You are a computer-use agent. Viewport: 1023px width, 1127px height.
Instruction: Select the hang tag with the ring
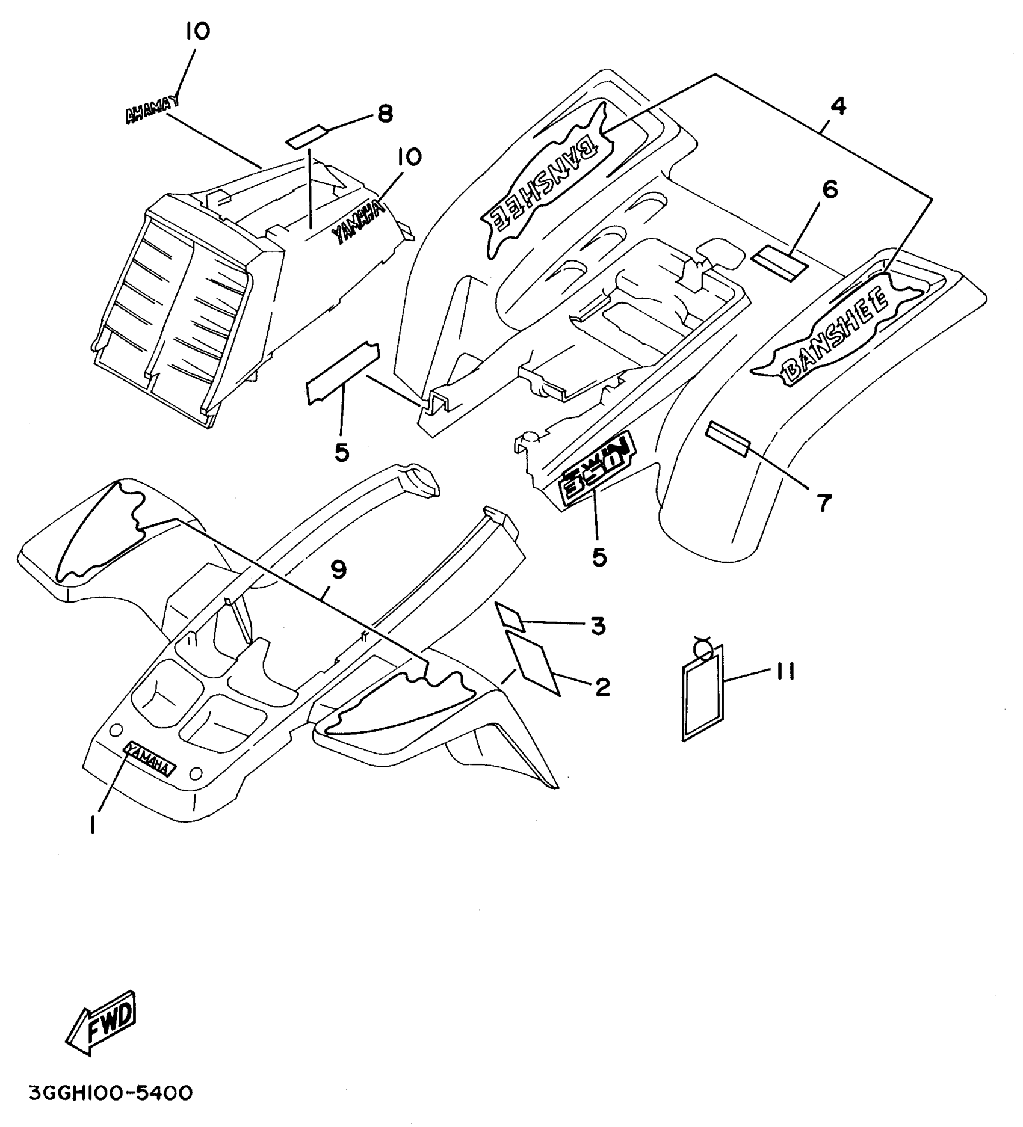pos(702,695)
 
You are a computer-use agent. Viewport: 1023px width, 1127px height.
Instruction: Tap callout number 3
pos(597,627)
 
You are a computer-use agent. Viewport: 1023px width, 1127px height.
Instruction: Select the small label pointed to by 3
pos(510,617)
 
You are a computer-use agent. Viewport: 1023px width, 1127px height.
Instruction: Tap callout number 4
pos(838,106)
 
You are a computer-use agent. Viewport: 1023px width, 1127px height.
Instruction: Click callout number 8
pos(385,113)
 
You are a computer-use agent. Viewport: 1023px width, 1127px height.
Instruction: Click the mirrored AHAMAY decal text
pos(152,111)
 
